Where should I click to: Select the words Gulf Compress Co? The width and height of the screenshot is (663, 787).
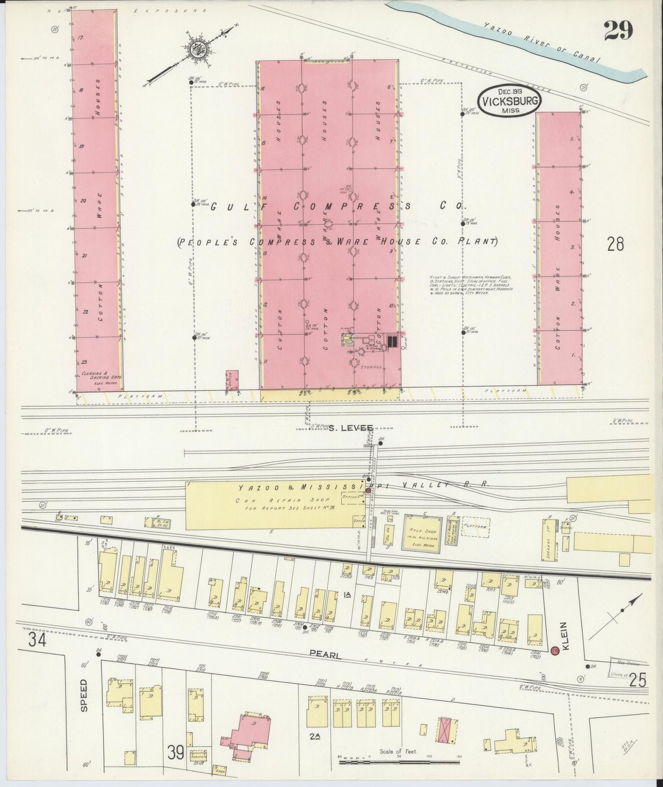[x=335, y=207]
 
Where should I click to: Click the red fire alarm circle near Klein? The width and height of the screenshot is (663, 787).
[x=554, y=651]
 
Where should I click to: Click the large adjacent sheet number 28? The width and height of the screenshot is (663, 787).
[x=615, y=244]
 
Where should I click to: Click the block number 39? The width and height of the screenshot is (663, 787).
[x=176, y=752]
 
